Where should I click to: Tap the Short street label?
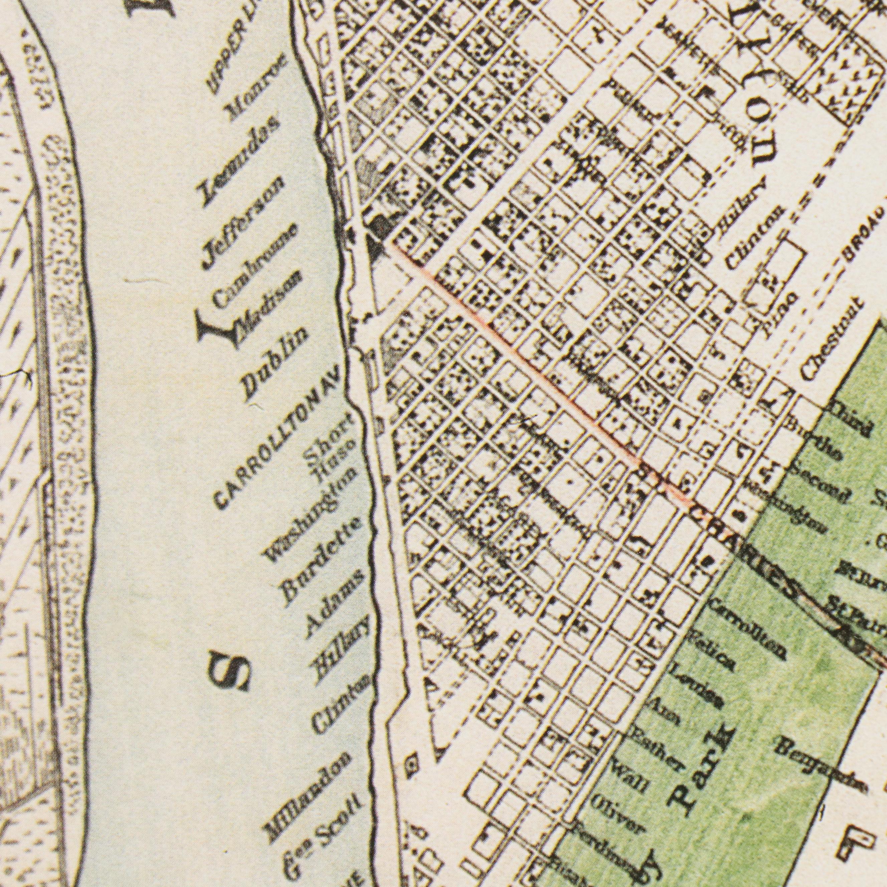(x=329, y=433)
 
